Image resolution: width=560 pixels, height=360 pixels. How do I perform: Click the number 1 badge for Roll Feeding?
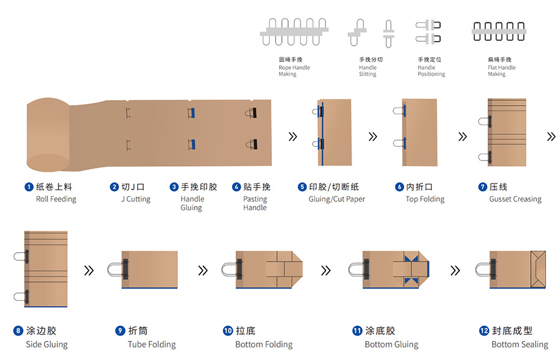[29, 187]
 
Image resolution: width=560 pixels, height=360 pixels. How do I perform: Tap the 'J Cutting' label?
[136, 199]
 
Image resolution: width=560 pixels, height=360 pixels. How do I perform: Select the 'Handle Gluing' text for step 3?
[192, 203]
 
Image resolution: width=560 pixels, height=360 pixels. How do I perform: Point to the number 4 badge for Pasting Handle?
[236, 187]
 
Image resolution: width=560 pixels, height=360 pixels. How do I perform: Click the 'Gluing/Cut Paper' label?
[337, 199]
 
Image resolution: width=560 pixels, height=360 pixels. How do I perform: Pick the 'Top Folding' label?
[425, 199]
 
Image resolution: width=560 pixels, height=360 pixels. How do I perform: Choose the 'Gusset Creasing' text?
[515, 199]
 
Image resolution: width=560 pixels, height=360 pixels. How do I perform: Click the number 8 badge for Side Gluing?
[18, 331]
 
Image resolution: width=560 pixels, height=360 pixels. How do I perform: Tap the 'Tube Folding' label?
[152, 344]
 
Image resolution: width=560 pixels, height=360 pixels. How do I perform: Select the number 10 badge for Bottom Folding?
[228, 331]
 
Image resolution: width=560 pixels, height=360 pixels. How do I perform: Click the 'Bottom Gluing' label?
[391, 344]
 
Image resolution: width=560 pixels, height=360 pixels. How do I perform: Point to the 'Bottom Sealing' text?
[520, 344]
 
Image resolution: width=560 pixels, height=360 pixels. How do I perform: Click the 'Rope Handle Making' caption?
[294, 67]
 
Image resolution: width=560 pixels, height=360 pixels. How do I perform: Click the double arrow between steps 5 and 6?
[373, 136]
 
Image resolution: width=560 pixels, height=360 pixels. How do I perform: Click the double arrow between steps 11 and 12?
[455, 270]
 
